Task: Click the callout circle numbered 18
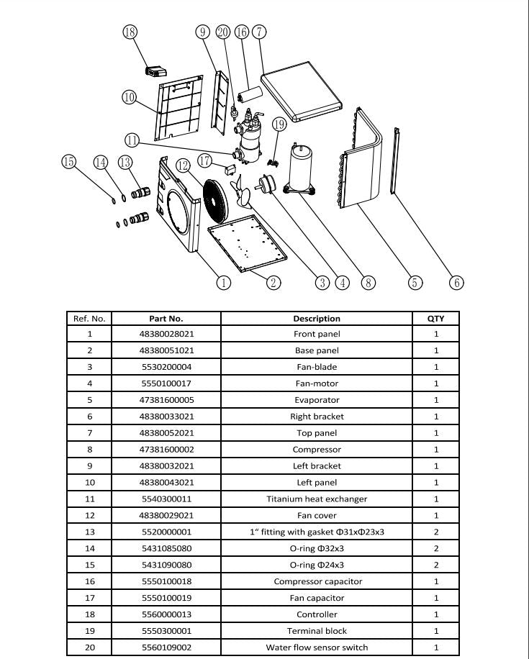tap(130, 32)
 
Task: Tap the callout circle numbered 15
tap(69, 162)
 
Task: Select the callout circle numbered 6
tap(456, 283)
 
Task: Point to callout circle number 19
tap(280, 124)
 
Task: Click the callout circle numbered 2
tap(273, 283)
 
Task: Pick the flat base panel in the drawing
tap(247, 248)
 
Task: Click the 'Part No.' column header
tap(166, 318)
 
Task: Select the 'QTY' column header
tap(435, 318)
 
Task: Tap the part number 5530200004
tap(166, 368)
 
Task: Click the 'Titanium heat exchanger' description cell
tap(317, 499)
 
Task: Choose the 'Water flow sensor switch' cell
tap(317, 647)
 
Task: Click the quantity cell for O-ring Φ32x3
tap(435, 549)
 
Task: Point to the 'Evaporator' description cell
tap(317, 401)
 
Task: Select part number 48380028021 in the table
tap(166, 335)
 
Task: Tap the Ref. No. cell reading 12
tap(89, 516)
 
